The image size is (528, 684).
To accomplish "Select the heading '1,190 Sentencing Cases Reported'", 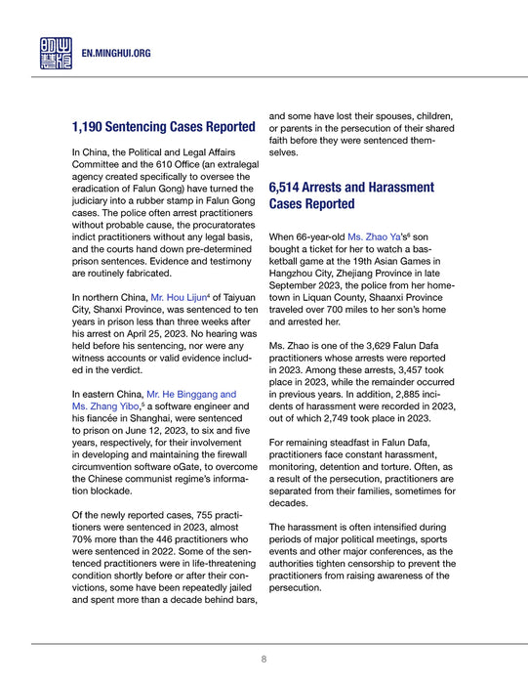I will pos(164,127).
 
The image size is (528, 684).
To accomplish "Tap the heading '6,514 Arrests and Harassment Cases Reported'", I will pos(351,194).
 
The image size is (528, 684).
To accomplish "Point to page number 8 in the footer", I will pos(264,660).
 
